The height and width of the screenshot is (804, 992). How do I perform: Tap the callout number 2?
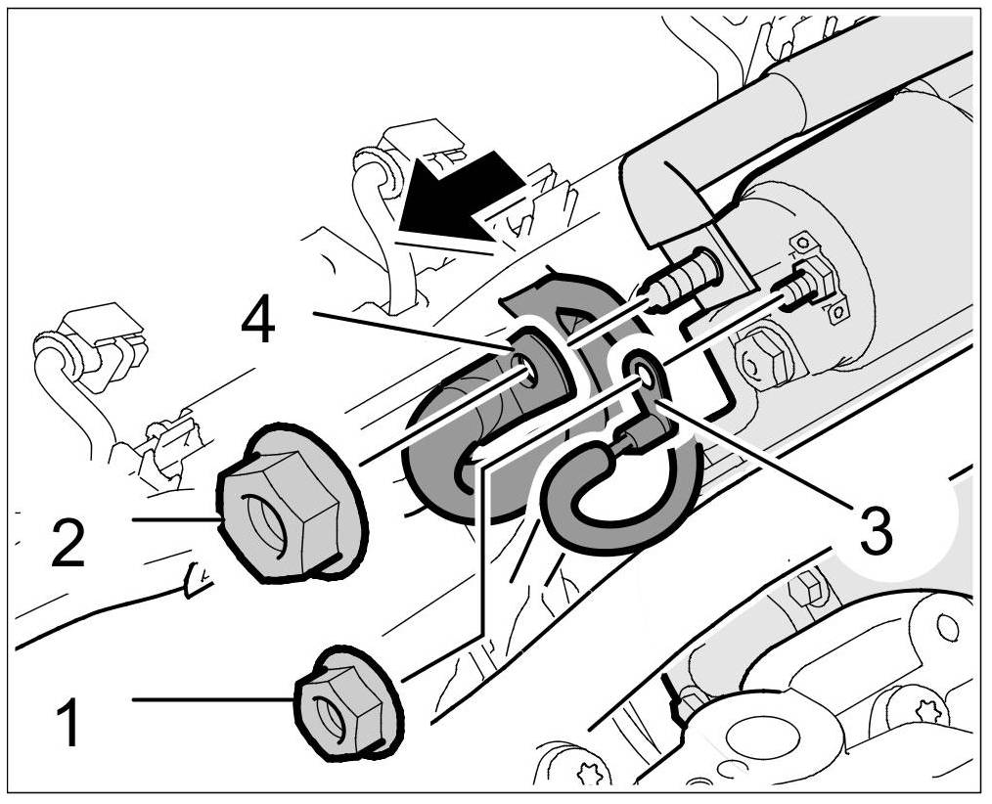click(x=67, y=544)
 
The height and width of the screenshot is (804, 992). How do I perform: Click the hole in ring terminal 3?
click(x=642, y=371)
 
